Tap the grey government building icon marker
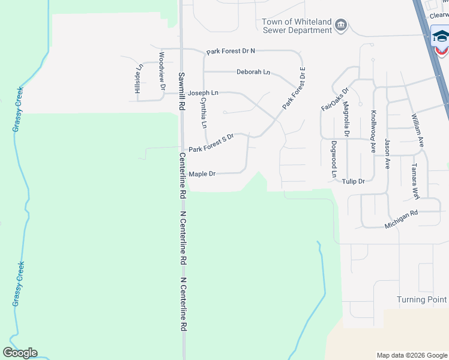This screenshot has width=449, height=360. tap(341, 25)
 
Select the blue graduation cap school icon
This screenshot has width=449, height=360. tap(441, 37)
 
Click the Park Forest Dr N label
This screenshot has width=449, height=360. tap(231, 52)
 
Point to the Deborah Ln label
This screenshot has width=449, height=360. tap(253, 72)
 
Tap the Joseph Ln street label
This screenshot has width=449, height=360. tap(203, 94)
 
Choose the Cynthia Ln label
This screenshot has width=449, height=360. tap(203, 114)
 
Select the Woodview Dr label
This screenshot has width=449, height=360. tap(161, 71)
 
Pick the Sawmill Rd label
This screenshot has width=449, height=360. tap(181, 92)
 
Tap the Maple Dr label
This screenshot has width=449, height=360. tap(202, 174)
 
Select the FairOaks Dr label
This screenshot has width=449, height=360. tap(334, 99)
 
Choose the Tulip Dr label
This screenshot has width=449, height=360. tap(354, 181)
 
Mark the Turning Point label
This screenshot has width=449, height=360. tap(422, 299)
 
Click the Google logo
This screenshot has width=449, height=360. tap(20, 353)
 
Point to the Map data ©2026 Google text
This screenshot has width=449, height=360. tap(411, 355)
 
